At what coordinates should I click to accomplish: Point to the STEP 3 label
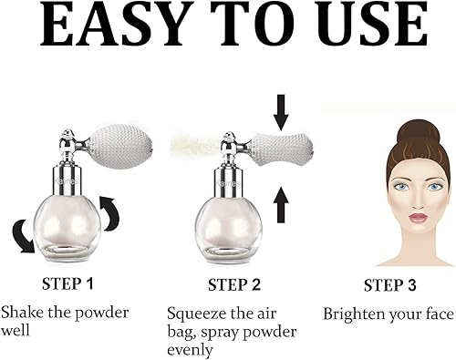click(x=390, y=283)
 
